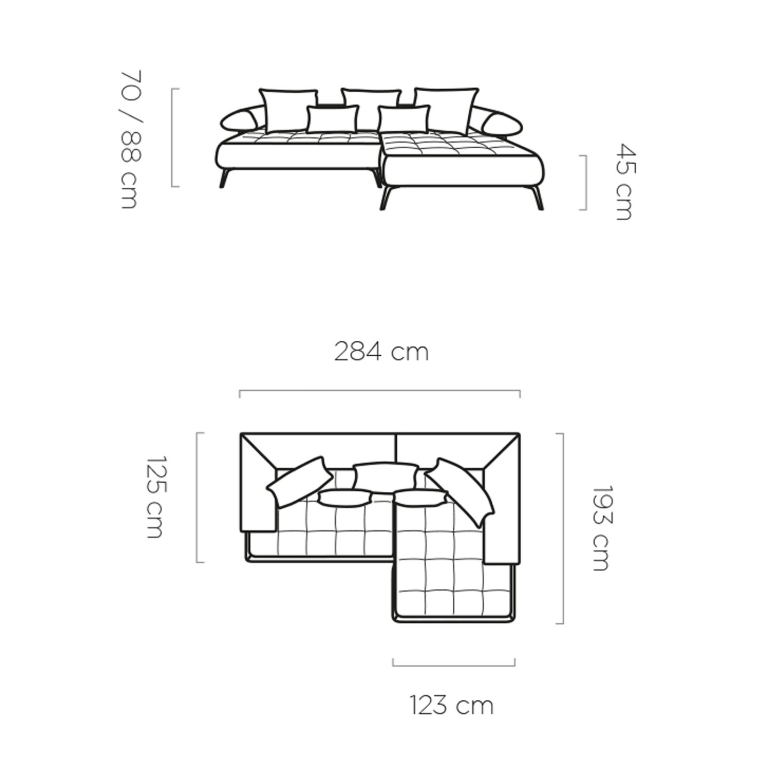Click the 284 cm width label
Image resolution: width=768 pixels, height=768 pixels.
(381, 353)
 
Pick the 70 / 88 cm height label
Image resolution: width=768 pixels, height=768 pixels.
(130, 140)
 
